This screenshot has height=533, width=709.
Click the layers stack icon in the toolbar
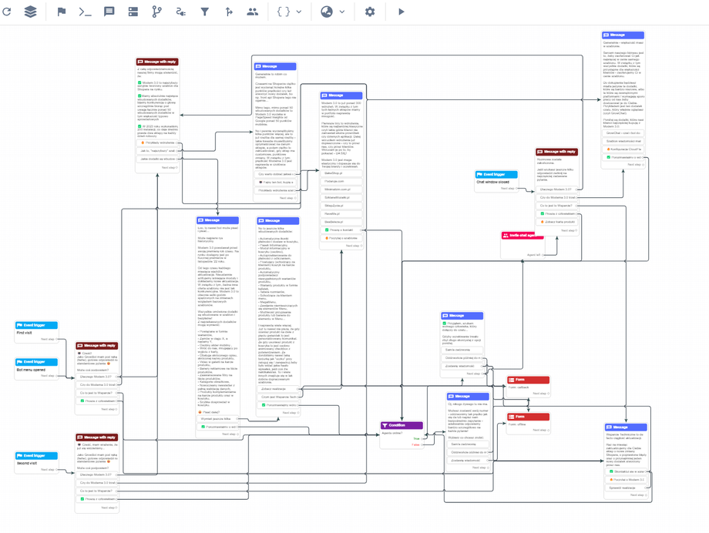coord(30,12)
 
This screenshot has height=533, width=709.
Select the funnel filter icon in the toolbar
coord(205,12)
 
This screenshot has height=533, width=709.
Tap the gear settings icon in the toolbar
coord(370,12)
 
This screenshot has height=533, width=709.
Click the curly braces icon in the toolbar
coord(284,12)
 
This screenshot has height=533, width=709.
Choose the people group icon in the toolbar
coord(253,12)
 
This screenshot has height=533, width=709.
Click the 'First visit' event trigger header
coord(35,325)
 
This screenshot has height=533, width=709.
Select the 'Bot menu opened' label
coord(31,369)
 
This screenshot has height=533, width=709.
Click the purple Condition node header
coord(402,424)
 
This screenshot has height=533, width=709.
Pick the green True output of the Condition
coord(416,438)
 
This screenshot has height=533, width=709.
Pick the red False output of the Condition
coord(415,444)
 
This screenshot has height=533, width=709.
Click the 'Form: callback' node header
coord(528,380)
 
